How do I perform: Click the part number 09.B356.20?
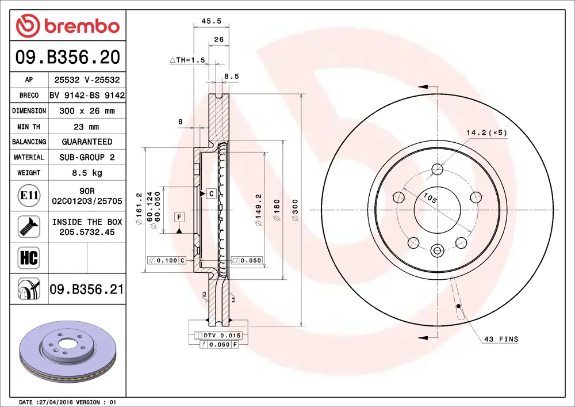click(68, 57)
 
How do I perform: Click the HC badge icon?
click(29, 257)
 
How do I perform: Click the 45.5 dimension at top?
click(211, 21)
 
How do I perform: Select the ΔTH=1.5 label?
click(187, 60)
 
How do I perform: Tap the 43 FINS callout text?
click(501, 340)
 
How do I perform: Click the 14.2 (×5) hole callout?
click(486, 133)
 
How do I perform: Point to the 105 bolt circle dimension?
click(430, 199)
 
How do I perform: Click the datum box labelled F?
click(179, 217)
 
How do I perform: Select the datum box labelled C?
click(211, 194)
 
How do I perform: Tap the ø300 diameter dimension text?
click(296, 210)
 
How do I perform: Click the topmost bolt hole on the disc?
click(438, 169)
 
